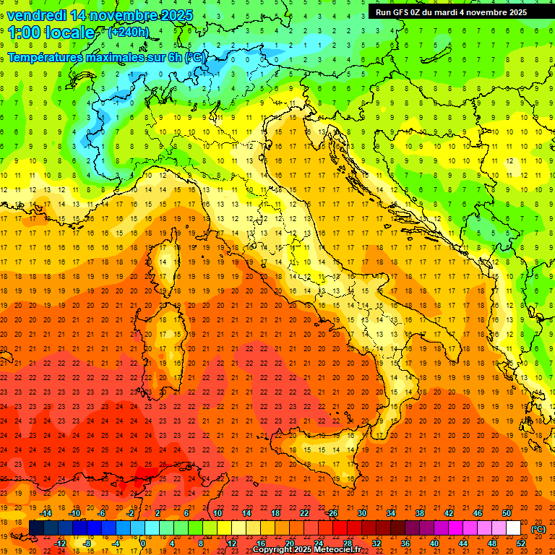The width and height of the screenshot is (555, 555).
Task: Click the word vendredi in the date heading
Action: coord(37,15)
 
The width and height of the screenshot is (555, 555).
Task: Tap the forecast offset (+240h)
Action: coord(129,32)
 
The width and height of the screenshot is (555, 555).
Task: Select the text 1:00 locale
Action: coord(51,33)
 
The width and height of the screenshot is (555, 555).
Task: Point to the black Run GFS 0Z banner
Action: coord(452,12)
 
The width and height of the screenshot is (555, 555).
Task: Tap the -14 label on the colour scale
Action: coord(47,512)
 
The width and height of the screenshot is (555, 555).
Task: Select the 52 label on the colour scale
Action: coord(520,543)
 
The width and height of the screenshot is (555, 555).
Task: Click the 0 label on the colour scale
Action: coord(143,543)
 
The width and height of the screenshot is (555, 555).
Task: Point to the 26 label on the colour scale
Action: coord(332,512)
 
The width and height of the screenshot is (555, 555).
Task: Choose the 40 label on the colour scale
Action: coord(434,543)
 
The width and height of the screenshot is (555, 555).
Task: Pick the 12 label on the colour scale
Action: coord(232,543)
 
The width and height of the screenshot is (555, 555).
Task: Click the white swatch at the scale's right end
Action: coord(513,528)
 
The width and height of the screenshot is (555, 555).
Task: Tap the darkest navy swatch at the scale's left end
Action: coord(36,528)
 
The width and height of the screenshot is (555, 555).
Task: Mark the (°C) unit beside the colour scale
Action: coord(538,529)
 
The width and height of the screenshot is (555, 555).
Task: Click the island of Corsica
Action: coord(165,267)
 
